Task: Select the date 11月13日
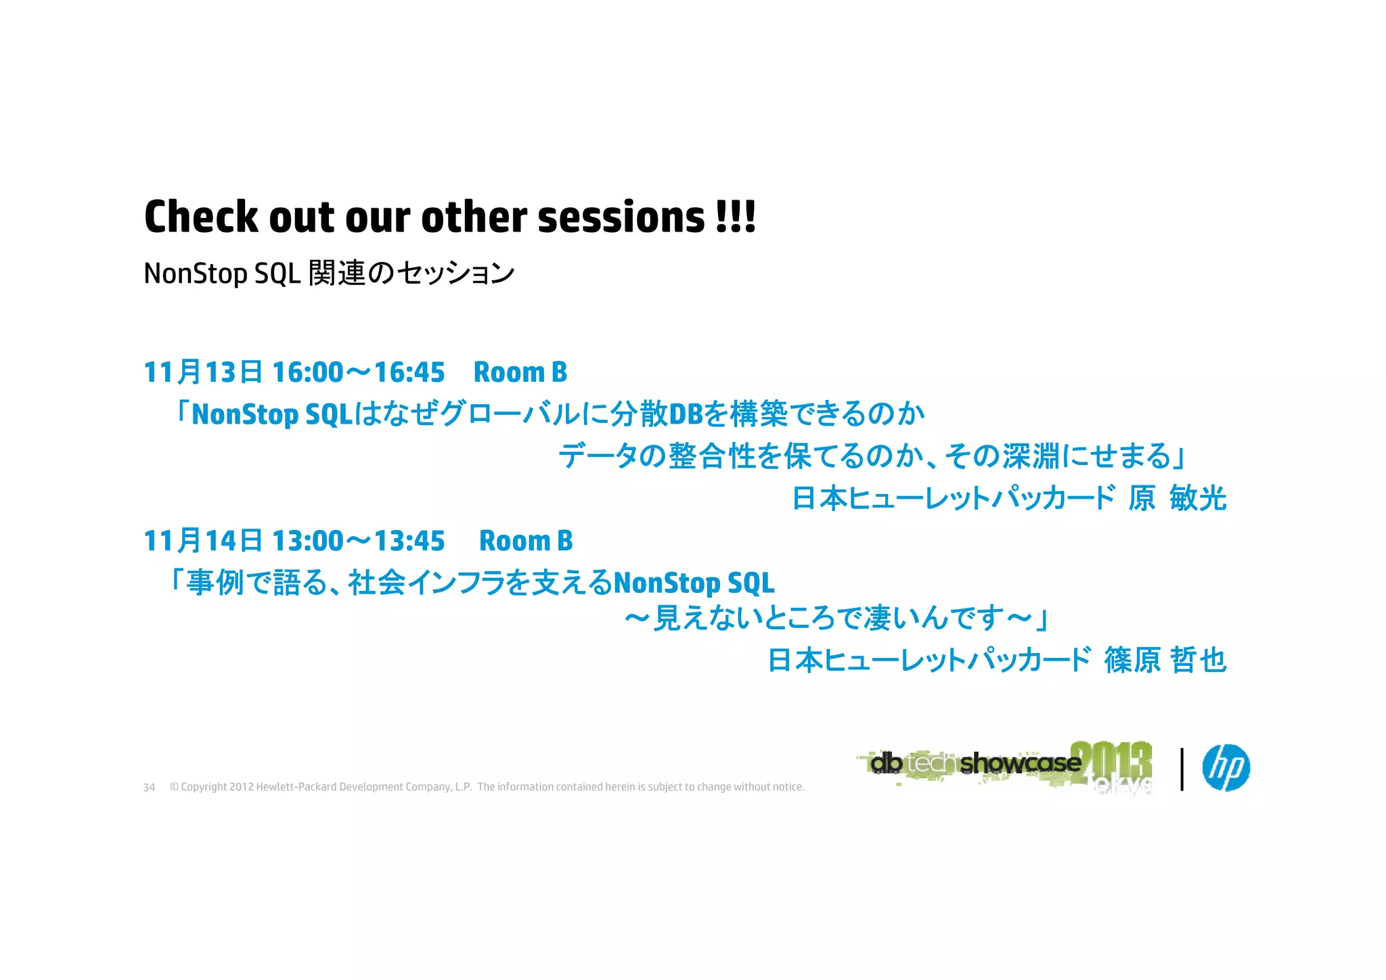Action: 203,372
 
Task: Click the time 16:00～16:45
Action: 358,372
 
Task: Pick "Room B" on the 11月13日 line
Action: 520,372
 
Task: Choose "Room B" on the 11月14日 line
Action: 526,541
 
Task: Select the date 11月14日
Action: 203,541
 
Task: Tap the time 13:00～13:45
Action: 358,541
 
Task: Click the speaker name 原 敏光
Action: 1177,499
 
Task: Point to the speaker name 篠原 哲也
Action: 1165,660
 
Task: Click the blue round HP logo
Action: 1226,767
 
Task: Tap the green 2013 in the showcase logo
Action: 1111,759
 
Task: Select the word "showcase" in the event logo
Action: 1020,763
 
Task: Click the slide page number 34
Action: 149,787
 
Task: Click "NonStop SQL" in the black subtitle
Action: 222,273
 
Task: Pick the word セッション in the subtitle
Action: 455,273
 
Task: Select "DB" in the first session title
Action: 686,414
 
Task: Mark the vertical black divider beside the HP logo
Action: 1182,769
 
